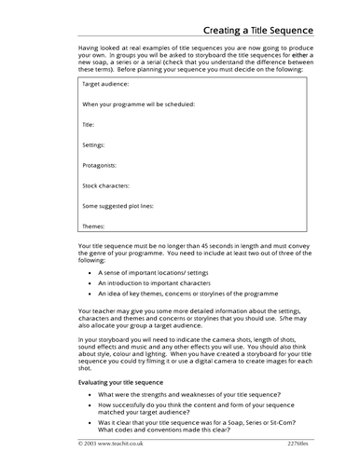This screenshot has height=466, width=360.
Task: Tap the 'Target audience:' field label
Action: pyautogui.click(x=106, y=85)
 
